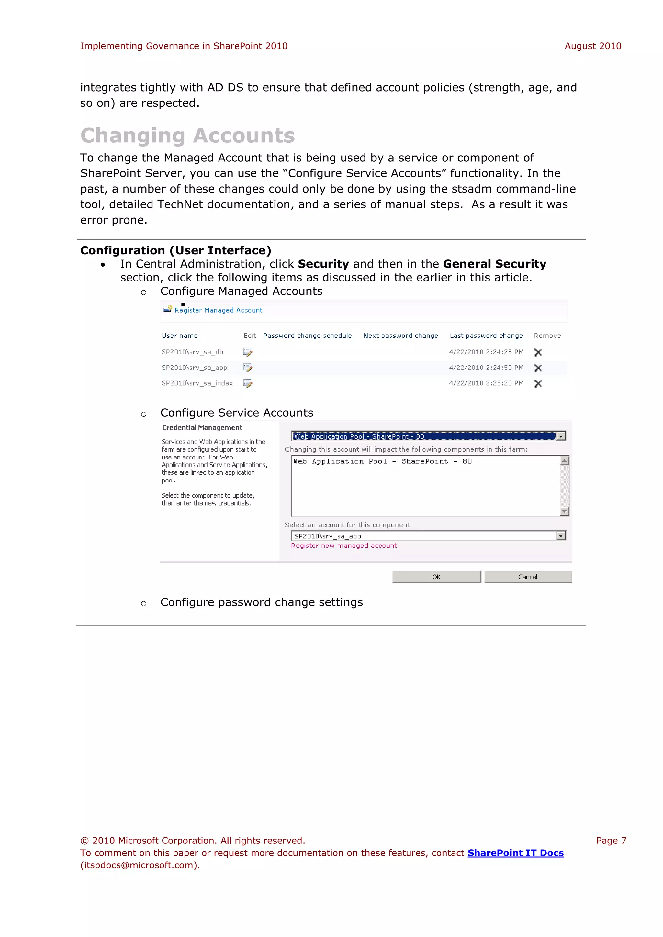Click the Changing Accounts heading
point(187,136)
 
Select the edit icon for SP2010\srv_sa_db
point(247,352)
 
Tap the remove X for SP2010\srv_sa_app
point(538,368)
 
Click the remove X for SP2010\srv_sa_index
point(538,384)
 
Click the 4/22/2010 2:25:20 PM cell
point(486,383)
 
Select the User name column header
point(180,336)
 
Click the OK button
point(436,577)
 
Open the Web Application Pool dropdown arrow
point(561,436)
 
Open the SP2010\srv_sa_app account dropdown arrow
point(561,536)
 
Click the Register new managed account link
point(343,546)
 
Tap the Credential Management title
point(202,427)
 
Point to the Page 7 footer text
point(611,841)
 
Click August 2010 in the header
point(592,46)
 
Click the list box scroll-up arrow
point(564,461)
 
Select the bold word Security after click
point(323,264)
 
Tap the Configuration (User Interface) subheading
point(175,250)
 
